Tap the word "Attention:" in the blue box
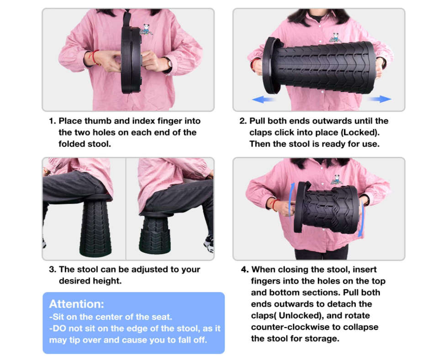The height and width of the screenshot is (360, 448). point(77,304)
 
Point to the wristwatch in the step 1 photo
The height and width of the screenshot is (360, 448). point(169,63)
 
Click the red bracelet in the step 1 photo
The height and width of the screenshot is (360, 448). point(94,57)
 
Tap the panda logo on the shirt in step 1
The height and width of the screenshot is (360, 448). point(146,30)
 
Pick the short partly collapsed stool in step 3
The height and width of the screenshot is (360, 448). point(155,233)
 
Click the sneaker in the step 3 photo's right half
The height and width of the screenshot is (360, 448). point(209,244)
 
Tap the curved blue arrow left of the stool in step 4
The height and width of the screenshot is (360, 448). point(292,199)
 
